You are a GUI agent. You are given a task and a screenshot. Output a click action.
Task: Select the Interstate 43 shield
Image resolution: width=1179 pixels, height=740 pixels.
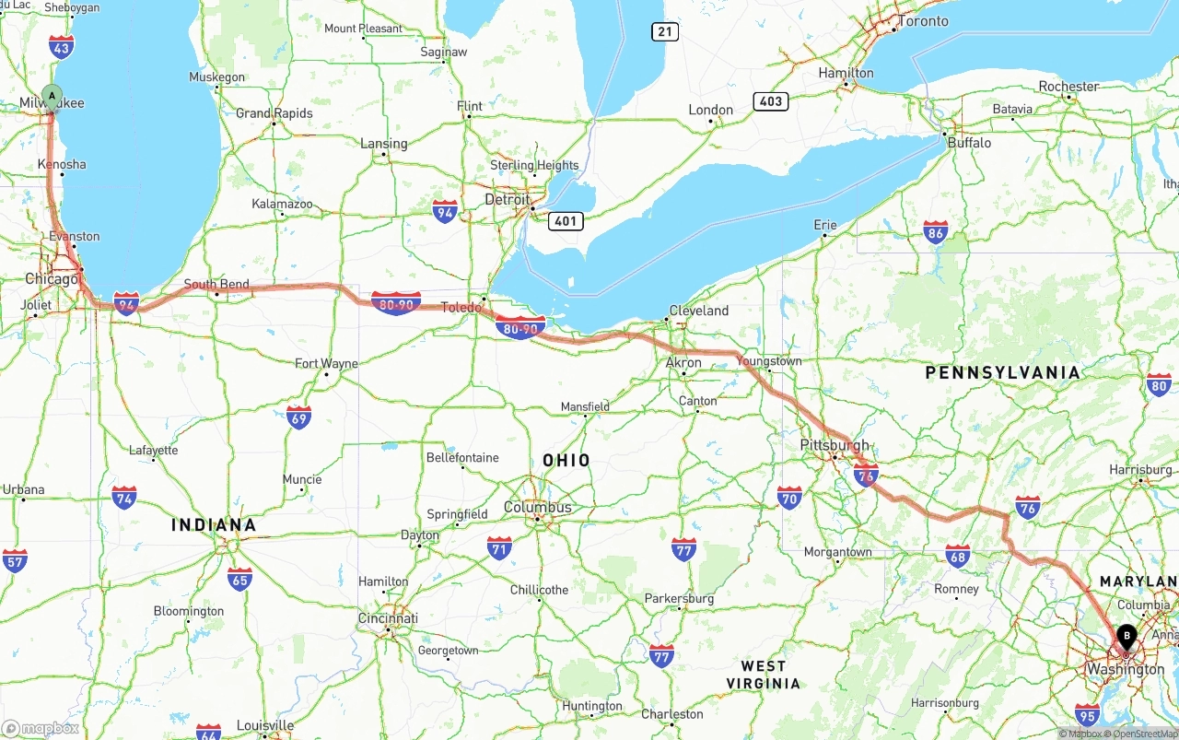tap(62, 47)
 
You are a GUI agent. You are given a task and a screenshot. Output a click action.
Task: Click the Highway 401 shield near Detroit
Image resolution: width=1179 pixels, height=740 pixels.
tap(565, 221)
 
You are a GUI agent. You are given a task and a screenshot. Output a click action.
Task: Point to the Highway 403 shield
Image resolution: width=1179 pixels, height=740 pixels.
tap(771, 101)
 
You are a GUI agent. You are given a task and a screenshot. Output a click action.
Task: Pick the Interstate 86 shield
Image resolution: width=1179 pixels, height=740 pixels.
tap(936, 231)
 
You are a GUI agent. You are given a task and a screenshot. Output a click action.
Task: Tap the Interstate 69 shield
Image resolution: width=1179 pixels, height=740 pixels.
tap(298, 417)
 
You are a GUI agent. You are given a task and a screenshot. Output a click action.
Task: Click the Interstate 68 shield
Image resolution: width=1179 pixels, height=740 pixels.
tap(958, 556)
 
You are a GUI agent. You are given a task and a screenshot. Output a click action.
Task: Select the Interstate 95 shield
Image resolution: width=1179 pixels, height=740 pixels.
tap(1087, 713)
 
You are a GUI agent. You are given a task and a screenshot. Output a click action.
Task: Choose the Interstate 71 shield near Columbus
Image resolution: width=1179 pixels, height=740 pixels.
tap(499, 547)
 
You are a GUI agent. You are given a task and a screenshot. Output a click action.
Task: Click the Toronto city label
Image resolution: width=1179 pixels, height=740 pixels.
tap(922, 21)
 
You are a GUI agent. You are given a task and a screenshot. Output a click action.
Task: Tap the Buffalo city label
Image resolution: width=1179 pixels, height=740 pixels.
tap(969, 143)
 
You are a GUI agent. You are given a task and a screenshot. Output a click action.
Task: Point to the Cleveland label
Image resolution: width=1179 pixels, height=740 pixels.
tap(698, 311)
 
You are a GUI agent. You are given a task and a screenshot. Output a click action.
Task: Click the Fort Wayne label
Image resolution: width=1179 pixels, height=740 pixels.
tap(326, 363)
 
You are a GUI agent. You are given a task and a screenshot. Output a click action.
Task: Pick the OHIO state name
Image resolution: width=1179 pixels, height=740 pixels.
tap(566, 460)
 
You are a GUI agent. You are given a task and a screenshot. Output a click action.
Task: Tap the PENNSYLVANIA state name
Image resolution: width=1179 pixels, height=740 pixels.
tap(1002, 372)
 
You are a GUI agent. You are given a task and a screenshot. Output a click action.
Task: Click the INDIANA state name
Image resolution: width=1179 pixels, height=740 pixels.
tap(214, 524)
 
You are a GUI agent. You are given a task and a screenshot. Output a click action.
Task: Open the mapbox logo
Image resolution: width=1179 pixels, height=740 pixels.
tap(41, 728)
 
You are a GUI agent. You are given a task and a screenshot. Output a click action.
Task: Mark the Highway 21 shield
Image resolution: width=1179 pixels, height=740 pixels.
tap(664, 32)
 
